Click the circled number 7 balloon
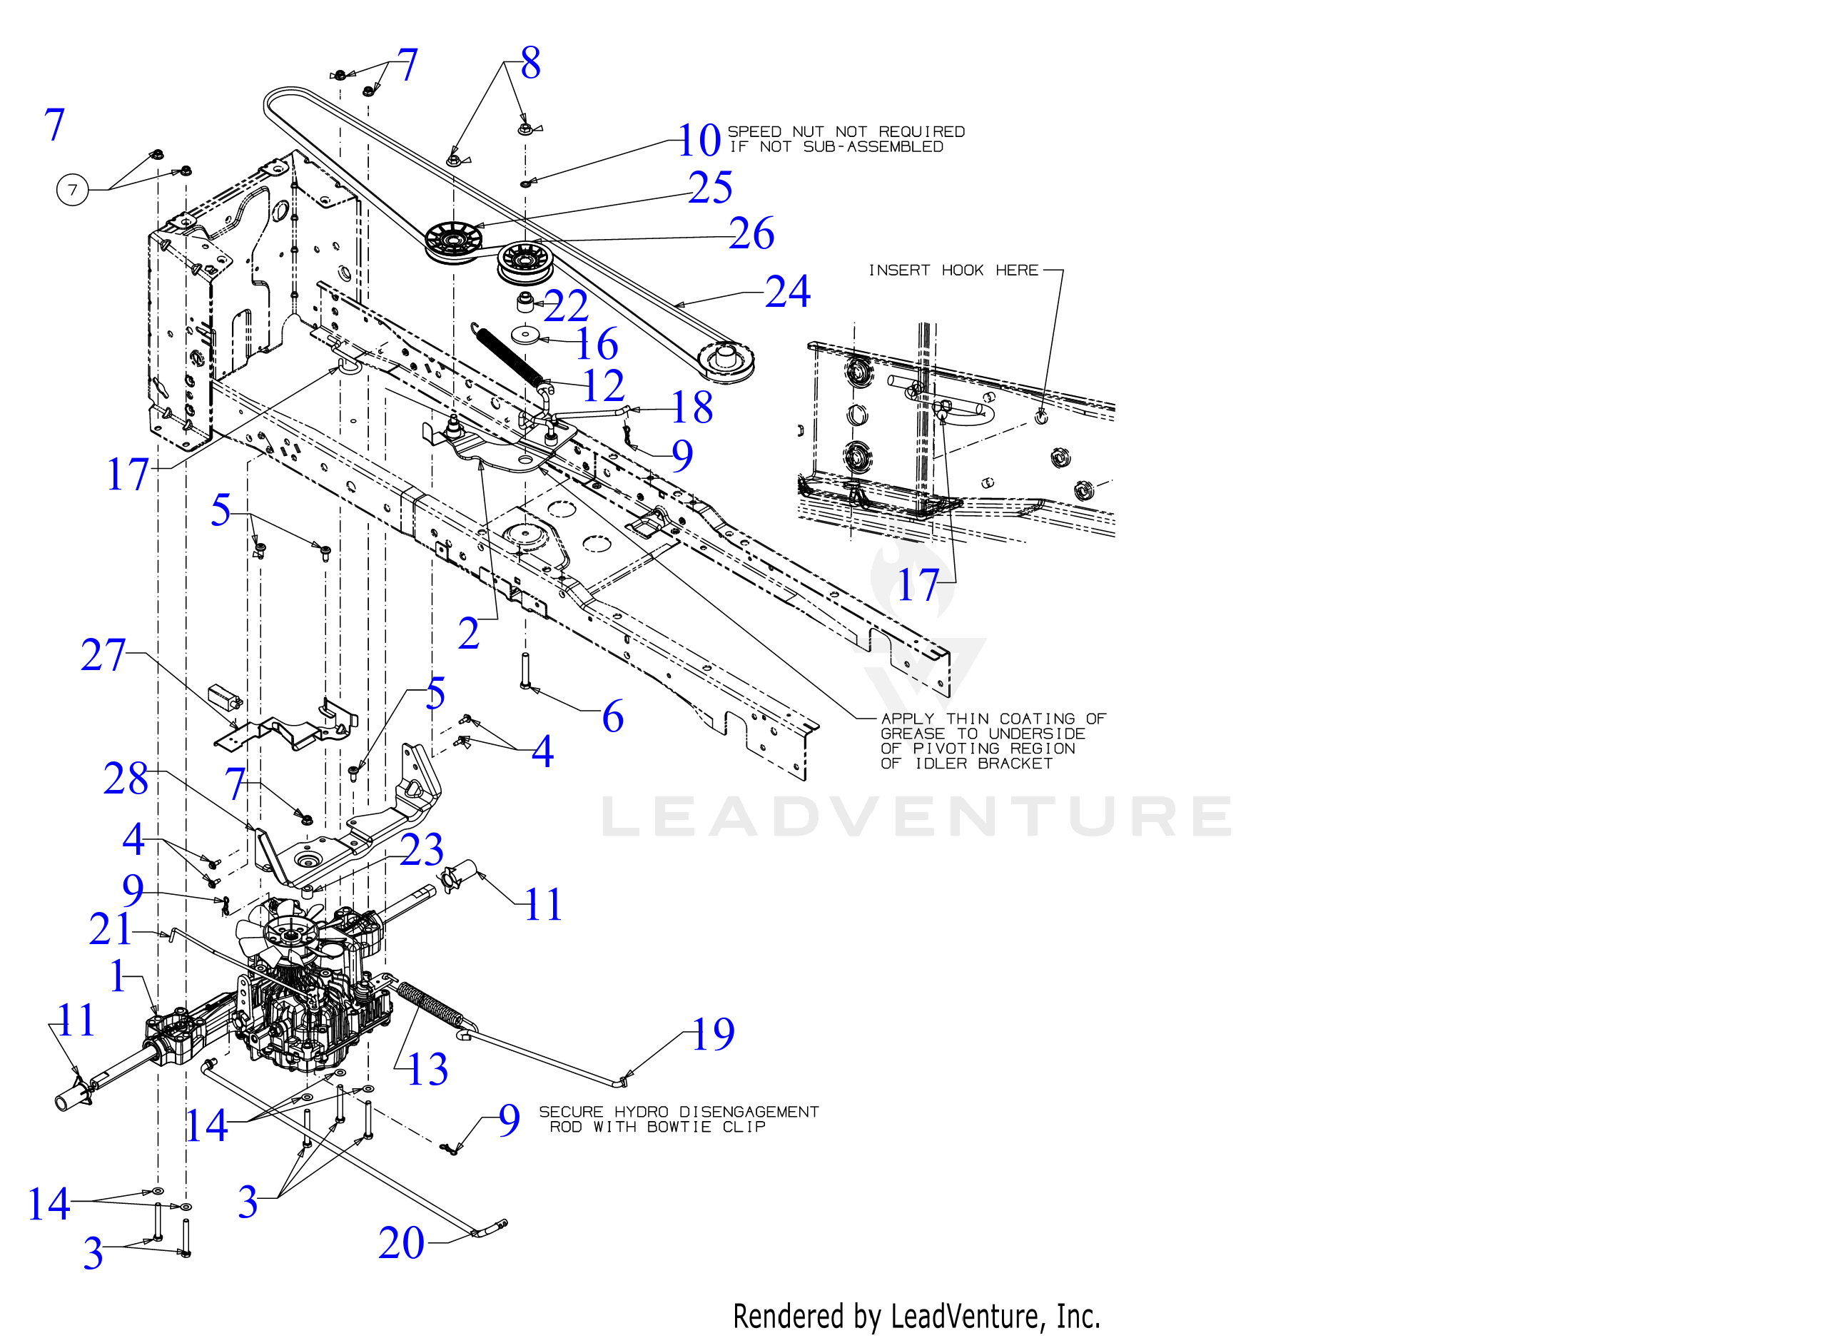pos(72,191)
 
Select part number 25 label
pos(710,188)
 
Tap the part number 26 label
pos(751,234)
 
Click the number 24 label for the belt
pos(787,292)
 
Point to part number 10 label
pos(699,141)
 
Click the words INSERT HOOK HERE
pos(953,270)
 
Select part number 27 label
pos(103,655)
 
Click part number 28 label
pos(126,779)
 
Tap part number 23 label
pos(422,851)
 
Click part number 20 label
pos(401,1243)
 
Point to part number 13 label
pos(427,1070)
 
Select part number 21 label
pos(110,930)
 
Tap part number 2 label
pos(469,634)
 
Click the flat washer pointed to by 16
pos(527,335)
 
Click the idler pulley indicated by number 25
pos(452,240)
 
